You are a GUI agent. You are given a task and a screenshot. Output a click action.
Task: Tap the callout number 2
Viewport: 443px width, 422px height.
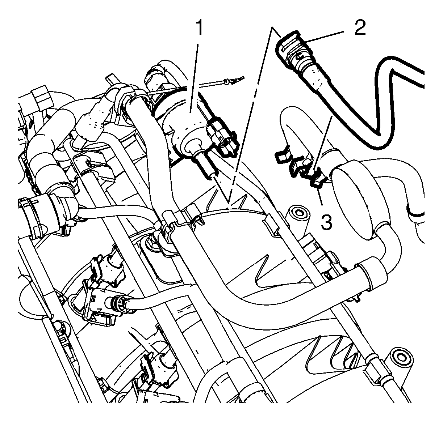[x=360, y=28]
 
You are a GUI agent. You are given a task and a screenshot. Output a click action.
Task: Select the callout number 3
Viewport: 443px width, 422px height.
[x=326, y=221]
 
